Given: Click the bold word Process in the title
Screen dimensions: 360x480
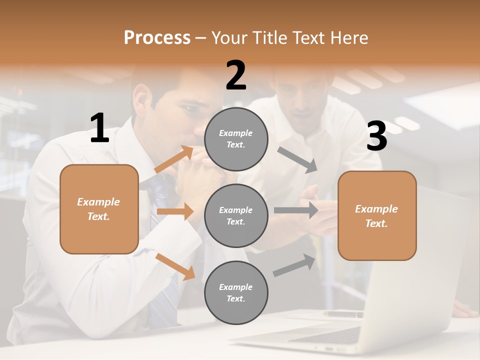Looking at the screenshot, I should point(157,37).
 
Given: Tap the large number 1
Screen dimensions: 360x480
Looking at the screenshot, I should point(99,128).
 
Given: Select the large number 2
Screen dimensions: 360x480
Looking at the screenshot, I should point(236,75).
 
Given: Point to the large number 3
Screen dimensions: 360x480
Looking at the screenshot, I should point(376,136).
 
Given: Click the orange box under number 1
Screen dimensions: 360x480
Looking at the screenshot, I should point(99,209).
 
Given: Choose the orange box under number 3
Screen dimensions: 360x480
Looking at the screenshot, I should point(377,215).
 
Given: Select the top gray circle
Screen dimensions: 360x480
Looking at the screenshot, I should point(236,139).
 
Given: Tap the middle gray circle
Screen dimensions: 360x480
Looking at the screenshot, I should point(236,215).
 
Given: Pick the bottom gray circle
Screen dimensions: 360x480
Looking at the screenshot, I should point(236,292).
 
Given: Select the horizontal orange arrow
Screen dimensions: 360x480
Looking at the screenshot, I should point(175,211).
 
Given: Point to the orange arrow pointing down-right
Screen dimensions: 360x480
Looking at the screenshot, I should point(175,266).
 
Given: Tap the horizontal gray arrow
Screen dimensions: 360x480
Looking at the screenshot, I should point(296,210).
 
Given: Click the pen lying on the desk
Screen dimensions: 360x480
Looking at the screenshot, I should point(344,314).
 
